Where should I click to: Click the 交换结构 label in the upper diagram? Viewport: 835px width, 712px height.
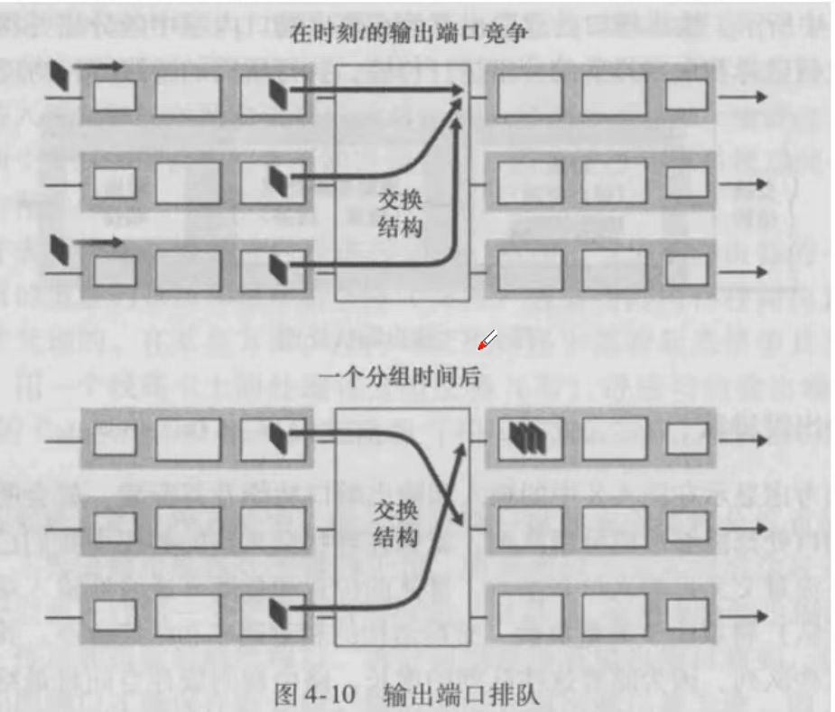398,216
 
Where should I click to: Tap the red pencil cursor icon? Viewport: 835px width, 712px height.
487,340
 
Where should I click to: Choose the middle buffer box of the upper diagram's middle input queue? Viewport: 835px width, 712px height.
187,183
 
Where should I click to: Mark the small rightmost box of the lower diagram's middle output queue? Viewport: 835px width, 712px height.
687,527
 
